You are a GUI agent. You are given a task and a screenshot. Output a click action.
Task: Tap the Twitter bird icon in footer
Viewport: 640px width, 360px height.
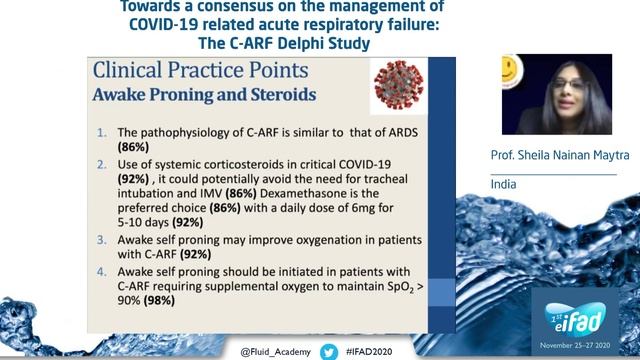328,352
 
